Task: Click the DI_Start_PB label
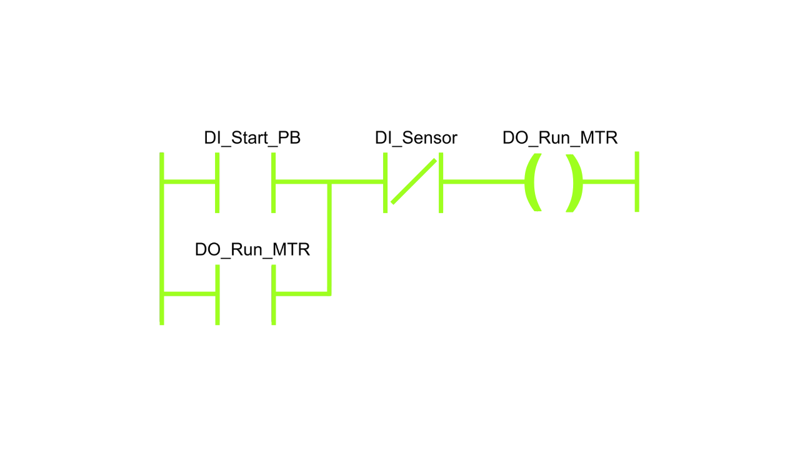(x=252, y=138)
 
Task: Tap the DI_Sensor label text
(x=416, y=138)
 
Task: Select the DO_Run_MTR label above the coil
(x=560, y=138)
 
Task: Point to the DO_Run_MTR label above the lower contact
(x=252, y=250)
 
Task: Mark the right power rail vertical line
(x=637, y=182)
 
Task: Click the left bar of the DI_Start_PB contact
(x=217, y=182)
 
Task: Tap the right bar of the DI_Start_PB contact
(x=274, y=182)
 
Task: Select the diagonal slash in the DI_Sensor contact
(x=414, y=181)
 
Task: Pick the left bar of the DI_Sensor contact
(x=385, y=182)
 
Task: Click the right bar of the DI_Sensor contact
(x=441, y=182)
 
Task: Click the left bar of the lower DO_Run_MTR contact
(x=217, y=294)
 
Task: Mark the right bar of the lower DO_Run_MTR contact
(x=274, y=294)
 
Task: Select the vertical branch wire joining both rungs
(x=329, y=237)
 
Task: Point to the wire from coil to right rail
(x=609, y=182)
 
